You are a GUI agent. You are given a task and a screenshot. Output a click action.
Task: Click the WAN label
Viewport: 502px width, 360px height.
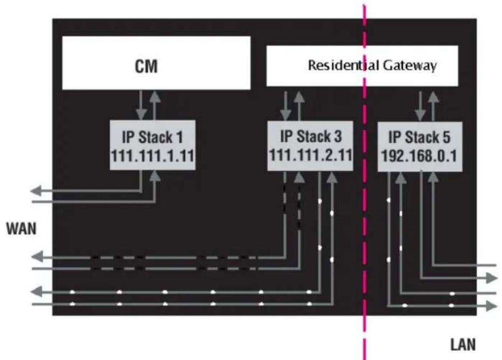coord(20,229)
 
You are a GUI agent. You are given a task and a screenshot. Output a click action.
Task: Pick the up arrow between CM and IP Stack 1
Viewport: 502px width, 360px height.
coord(155,104)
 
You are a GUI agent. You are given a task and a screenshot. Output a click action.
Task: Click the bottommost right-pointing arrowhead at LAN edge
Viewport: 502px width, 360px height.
coord(492,306)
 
